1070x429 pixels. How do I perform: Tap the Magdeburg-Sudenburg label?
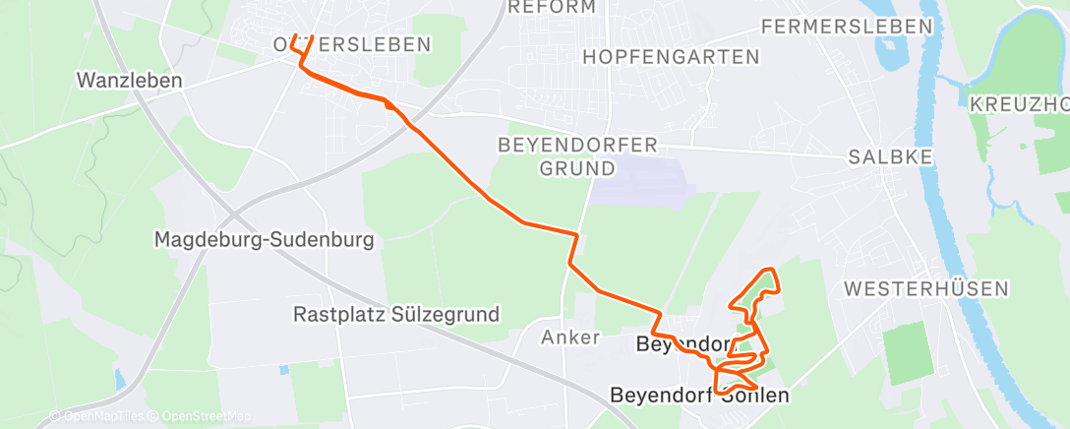[x=265, y=239]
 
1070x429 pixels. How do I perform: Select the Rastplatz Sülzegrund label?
[x=396, y=315]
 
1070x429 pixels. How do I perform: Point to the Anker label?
[x=570, y=337]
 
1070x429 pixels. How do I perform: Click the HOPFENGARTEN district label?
[x=671, y=57]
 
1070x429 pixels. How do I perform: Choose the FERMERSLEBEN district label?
[x=847, y=27]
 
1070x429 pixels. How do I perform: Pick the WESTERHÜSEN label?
[x=926, y=288]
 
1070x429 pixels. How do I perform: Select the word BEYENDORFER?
[x=577, y=146]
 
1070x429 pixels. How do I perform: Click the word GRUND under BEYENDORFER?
[x=577, y=168]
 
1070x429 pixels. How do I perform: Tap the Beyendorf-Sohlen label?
[x=700, y=396]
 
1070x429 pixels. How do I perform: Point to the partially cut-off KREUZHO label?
[x=1019, y=104]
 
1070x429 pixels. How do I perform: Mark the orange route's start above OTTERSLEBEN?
[x=294, y=36]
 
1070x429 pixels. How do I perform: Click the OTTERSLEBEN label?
[x=352, y=44]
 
